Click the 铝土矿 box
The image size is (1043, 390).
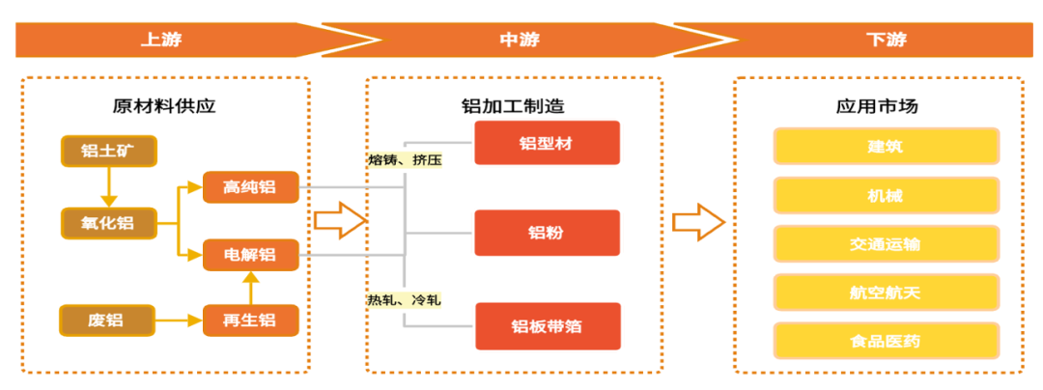pos(107,152)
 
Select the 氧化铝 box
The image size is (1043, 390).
pos(107,224)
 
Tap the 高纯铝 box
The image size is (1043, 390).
pos(250,187)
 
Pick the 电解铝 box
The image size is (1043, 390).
pos(250,255)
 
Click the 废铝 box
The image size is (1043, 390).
pos(107,318)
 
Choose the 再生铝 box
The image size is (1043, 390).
pos(250,319)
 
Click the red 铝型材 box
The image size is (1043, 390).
pos(547,144)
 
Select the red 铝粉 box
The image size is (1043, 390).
pos(547,233)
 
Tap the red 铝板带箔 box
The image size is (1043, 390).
pos(547,325)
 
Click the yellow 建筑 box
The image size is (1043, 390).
pos(885,149)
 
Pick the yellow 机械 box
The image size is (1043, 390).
pos(885,196)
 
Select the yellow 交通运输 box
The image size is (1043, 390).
pos(885,244)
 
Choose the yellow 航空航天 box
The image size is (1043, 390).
pos(885,292)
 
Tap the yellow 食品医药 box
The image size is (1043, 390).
pos(885,340)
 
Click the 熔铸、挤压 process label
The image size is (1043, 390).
pos(405,159)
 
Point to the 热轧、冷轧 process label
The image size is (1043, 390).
pos(404,300)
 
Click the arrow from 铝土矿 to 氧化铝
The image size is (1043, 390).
pos(107,186)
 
